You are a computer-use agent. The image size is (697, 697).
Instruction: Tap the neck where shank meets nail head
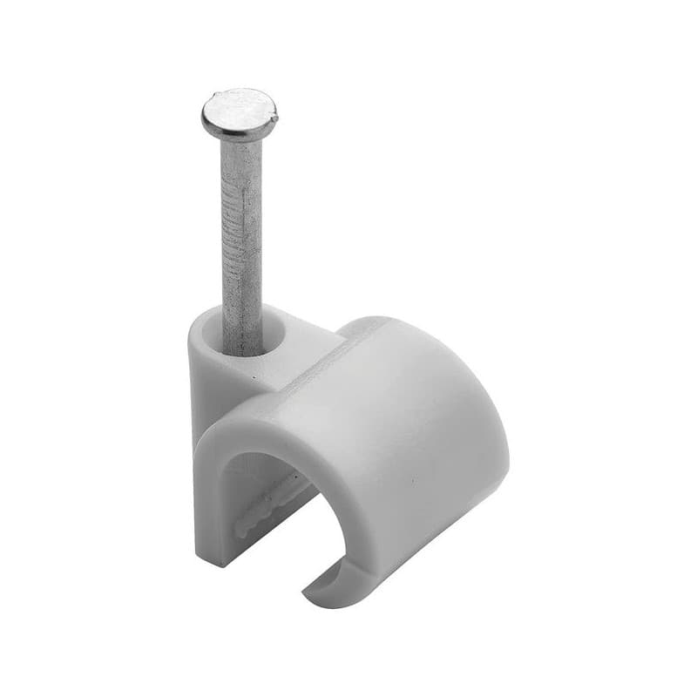(x=240, y=142)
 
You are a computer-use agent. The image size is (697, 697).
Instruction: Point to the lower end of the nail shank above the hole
(x=244, y=322)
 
